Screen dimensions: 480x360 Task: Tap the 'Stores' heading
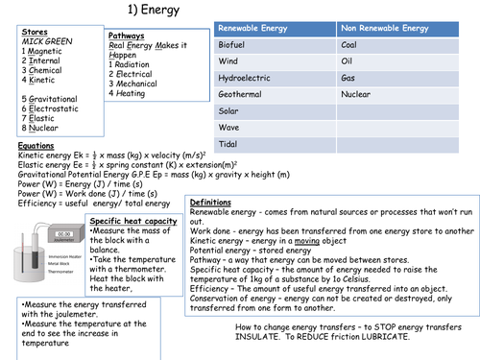click(33, 33)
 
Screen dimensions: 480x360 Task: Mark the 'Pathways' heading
click(127, 36)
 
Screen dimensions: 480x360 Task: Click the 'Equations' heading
click(41, 146)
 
